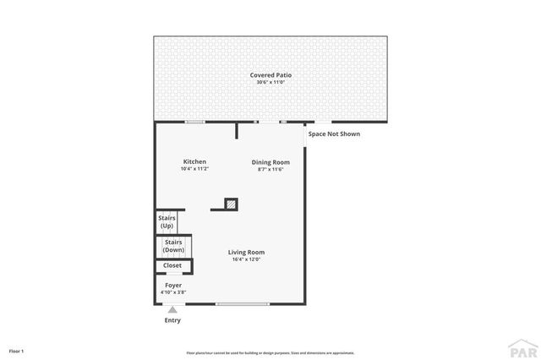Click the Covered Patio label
[x=271, y=75]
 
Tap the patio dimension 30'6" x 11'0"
[x=271, y=83]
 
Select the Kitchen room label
[x=194, y=161]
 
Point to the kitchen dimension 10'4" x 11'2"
[x=194, y=169]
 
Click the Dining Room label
[x=270, y=161]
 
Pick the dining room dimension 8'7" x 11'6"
[x=270, y=169]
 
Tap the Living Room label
[x=246, y=252]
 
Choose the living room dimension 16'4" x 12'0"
[x=246, y=259]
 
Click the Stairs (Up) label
[x=167, y=222]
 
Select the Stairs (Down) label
[x=173, y=246]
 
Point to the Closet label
[x=172, y=265]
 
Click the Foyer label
[x=173, y=285]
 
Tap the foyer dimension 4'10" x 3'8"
[x=173, y=292]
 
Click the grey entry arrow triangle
[x=172, y=310]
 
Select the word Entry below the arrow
[x=172, y=320]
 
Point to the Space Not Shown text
[x=334, y=134]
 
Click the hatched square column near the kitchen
[x=231, y=204]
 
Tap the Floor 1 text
[x=17, y=351]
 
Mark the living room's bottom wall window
[x=243, y=303]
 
